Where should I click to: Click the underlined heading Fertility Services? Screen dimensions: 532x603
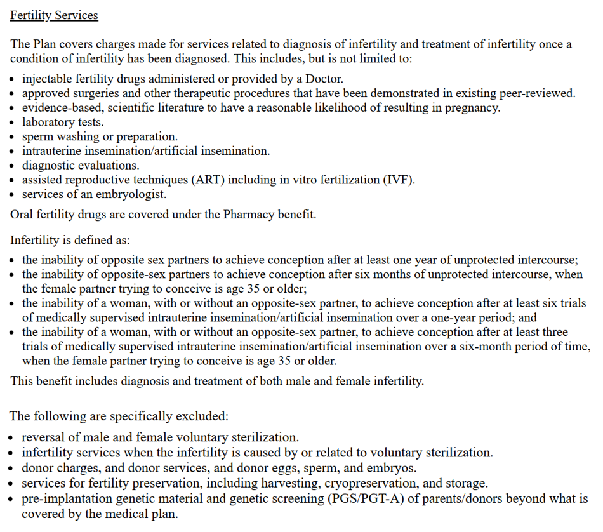54,15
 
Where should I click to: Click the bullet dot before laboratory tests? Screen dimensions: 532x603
14,123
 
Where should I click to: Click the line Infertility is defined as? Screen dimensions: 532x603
70,241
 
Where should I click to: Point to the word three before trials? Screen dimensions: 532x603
552,332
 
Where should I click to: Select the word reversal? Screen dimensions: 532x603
43,437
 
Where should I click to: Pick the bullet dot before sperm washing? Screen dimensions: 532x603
14,137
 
